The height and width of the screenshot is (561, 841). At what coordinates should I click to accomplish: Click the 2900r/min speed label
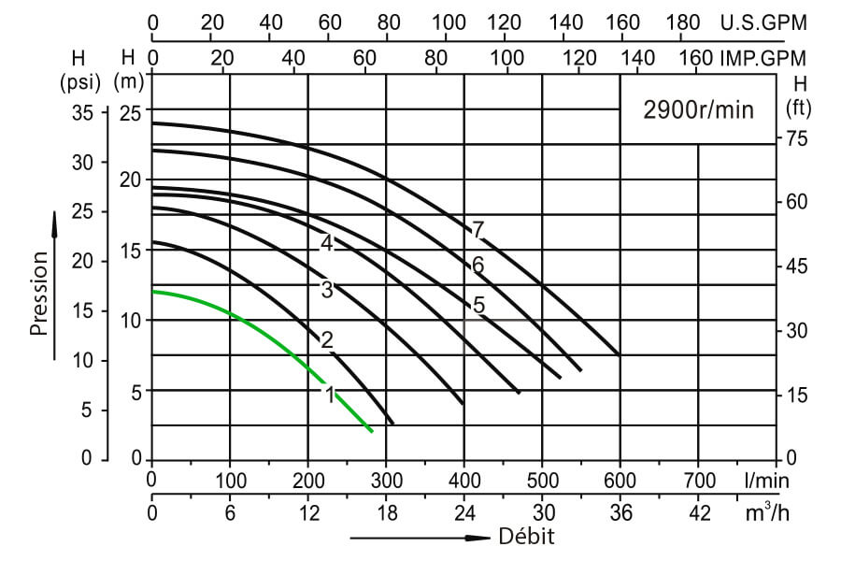pos(698,108)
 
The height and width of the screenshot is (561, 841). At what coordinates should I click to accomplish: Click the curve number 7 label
pos(478,229)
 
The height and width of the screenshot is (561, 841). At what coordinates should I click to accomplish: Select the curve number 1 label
pos(330,395)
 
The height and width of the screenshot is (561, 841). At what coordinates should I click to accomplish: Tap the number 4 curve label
pos(326,243)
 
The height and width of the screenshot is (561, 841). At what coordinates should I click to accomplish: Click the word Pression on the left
pos(39,293)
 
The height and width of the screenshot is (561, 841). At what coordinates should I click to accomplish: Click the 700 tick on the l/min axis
pos(698,481)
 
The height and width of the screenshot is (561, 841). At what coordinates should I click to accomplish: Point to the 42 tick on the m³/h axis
pos(698,512)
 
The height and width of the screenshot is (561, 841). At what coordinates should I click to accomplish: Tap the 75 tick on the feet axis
pos(797,138)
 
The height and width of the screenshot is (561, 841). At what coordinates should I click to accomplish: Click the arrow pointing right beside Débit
pos(420,539)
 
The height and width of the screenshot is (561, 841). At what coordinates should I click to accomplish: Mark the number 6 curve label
pos(478,266)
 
